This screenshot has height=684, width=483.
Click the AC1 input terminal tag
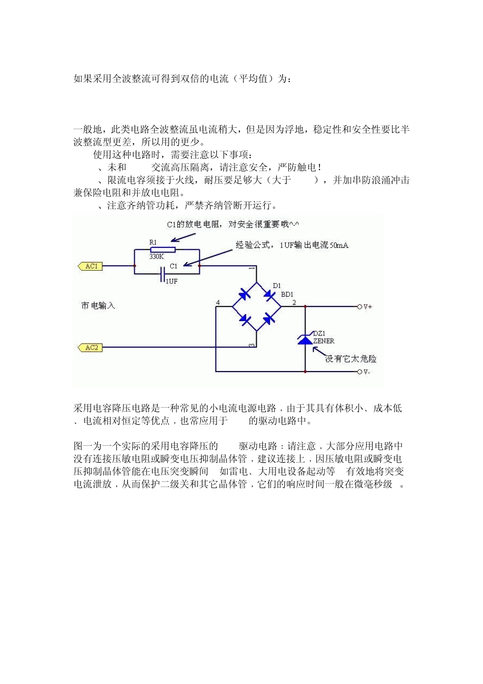pyautogui.click(x=90, y=266)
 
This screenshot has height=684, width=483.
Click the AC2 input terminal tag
pyautogui.click(x=90, y=348)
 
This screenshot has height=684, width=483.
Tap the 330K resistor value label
pyautogui.click(x=157, y=257)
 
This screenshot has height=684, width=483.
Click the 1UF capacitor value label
pyautogui.click(x=172, y=281)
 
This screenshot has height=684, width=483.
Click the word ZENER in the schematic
pyautogui.click(x=324, y=341)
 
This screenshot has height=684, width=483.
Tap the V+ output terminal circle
pyautogui.click(x=359, y=307)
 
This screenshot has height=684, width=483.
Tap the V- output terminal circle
pyautogui.click(x=359, y=372)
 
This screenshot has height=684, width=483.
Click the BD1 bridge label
pyautogui.click(x=287, y=295)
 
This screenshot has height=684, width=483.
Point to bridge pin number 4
pyautogui.click(x=218, y=303)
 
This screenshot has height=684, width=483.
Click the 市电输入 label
pyautogui.click(x=98, y=306)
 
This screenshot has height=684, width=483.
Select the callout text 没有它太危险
pyautogui.click(x=351, y=359)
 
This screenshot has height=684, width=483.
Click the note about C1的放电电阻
pyautogui.click(x=233, y=224)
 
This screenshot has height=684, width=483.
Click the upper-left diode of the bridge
pyautogui.click(x=245, y=294)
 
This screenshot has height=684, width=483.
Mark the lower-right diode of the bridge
pyautogui.click(x=269, y=319)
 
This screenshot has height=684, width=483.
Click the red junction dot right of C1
pyautogui.click(x=199, y=266)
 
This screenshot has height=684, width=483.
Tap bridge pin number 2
pyautogui.click(x=294, y=303)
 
